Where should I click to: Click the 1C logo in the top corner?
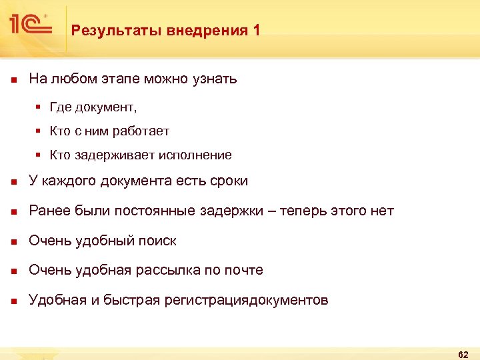coord(30,25)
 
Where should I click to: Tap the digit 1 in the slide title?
coord(257,30)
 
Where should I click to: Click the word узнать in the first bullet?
coord(213,79)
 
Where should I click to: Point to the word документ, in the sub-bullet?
coord(107,107)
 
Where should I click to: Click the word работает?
coord(141,131)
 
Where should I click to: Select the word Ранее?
coord(48,211)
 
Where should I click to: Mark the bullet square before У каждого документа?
coord(13,181)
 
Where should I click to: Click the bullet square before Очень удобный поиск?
coord(13,241)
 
